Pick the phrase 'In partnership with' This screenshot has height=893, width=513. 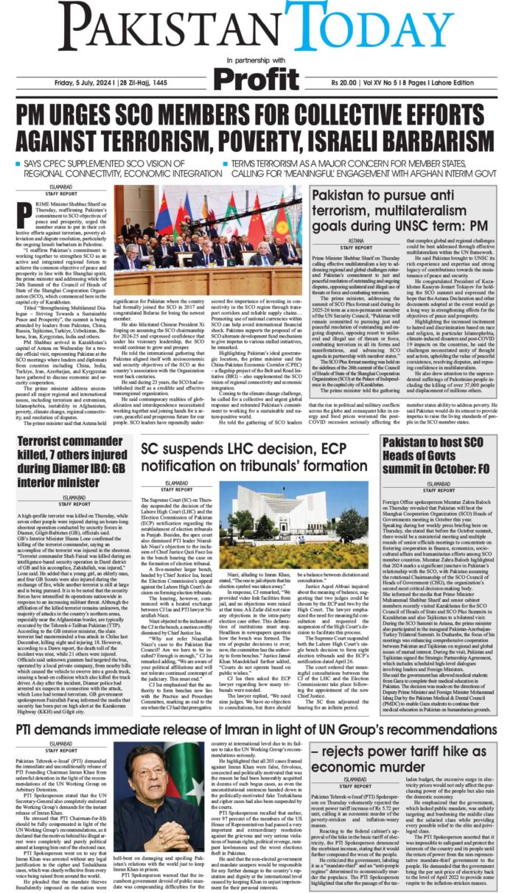click(x=256, y=59)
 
